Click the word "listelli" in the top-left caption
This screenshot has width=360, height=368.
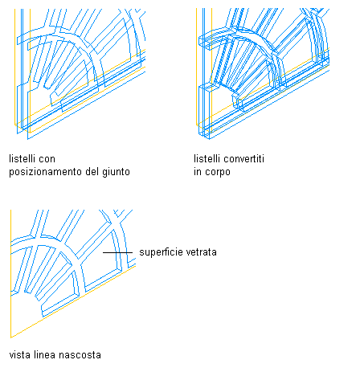[x=22, y=158]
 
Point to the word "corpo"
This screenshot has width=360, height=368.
[x=218, y=172]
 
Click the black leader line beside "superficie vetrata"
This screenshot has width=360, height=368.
[x=117, y=252]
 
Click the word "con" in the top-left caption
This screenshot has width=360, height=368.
[x=47, y=159]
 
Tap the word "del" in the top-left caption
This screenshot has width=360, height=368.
[x=92, y=172]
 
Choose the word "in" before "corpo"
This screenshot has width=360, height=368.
[x=198, y=172]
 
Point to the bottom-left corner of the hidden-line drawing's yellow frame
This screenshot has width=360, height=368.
[x=10, y=337]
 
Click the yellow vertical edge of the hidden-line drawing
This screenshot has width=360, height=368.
[x=10, y=274]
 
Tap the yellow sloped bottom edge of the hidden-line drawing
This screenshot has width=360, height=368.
[x=73, y=302]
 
